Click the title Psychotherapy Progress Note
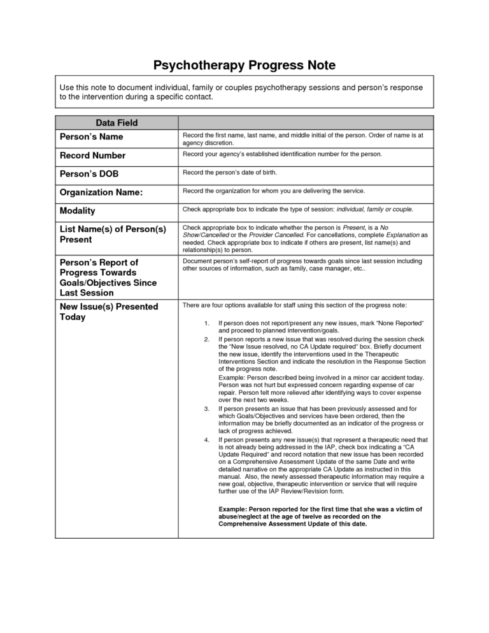[x=244, y=66]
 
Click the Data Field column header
[x=117, y=123]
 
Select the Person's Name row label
[x=91, y=137]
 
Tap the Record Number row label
[x=92, y=155]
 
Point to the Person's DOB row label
[x=89, y=174]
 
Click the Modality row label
[x=77, y=211]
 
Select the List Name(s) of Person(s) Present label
[x=112, y=234]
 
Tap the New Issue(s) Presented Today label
[x=108, y=311]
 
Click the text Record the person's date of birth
[x=230, y=173]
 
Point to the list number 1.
[x=206, y=324]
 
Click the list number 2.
[x=206, y=339]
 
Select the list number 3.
[x=206, y=408]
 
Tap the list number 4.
[x=206, y=439]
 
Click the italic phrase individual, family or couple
[x=374, y=209]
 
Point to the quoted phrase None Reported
[x=400, y=324]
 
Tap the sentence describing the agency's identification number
[x=282, y=154]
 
